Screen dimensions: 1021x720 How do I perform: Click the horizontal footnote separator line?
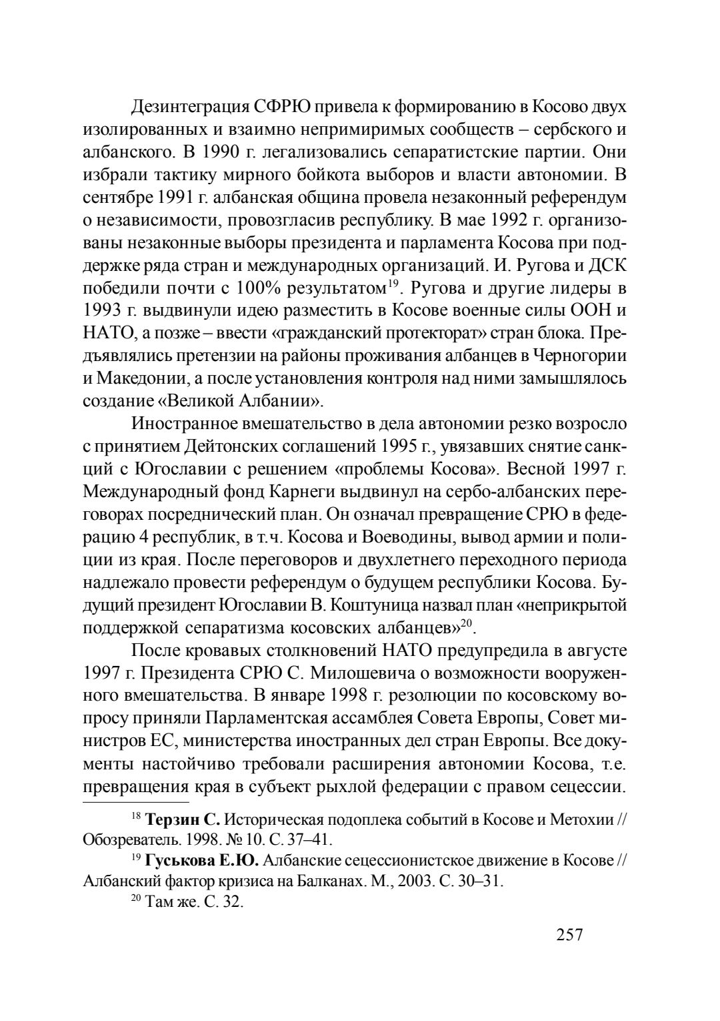136,803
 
